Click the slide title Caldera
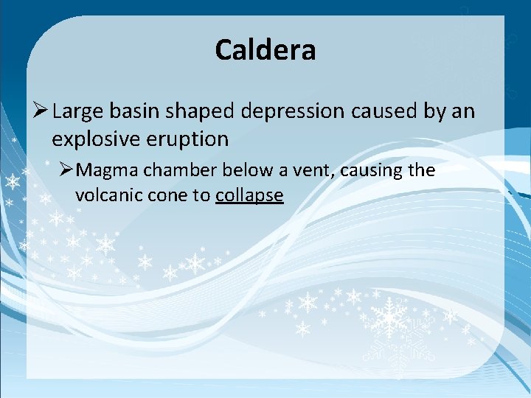[x=265, y=50]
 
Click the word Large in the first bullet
[x=79, y=112]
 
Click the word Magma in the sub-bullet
[x=108, y=171]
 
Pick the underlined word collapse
[x=249, y=196]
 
